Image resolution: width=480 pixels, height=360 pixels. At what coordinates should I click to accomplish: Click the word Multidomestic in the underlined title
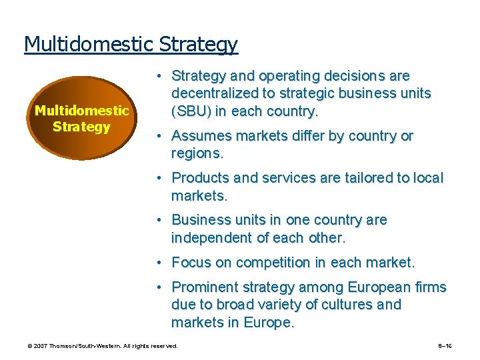click(x=89, y=44)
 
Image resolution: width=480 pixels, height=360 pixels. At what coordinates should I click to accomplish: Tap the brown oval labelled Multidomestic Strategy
click(x=81, y=118)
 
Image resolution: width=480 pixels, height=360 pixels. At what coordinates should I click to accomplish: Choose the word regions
click(x=197, y=153)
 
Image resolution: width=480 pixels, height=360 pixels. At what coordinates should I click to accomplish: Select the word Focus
click(x=192, y=263)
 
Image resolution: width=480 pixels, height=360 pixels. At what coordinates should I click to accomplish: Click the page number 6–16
click(x=446, y=346)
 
